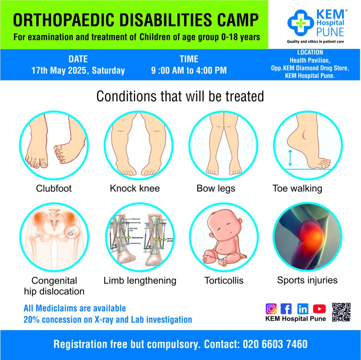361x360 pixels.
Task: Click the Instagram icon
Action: click(271, 309)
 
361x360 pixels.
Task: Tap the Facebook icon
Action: click(286, 309)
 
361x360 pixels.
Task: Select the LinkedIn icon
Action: click(302, 309)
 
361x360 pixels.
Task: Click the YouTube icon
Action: click(319, 309)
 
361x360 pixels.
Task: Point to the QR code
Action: click(341, 312)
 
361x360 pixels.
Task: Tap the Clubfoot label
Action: click(54, 188)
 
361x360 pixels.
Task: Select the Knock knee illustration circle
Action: click(139, 145)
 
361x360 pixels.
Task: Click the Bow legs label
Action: click(216, 188)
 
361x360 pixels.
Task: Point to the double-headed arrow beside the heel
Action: click(290, 157)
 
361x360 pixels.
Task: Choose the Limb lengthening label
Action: click(140, 281)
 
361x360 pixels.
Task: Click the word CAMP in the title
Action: click(234, 20)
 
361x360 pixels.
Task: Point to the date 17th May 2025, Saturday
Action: click(78, 70)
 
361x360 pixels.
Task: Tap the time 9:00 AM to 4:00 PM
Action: click(189, 70)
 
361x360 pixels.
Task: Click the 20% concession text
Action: click(108, 320)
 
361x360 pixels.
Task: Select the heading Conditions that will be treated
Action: click(180, 96)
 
